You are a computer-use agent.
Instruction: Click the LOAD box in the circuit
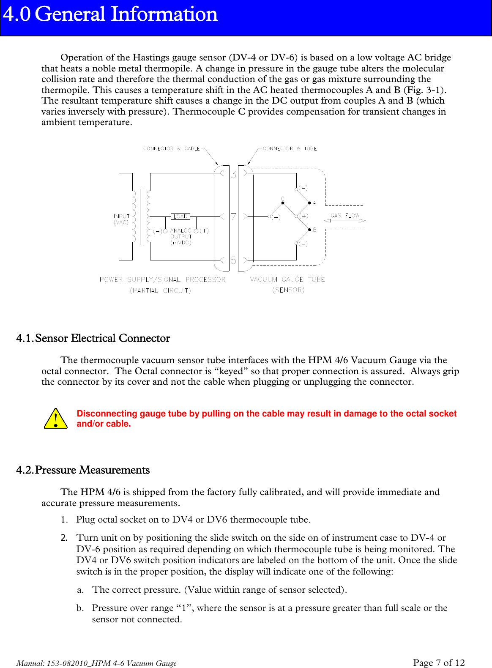point(180,216)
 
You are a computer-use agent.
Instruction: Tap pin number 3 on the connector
point(233,174)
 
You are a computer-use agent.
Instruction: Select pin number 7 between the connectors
point(233,216)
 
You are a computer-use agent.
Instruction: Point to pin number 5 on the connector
point(233,260)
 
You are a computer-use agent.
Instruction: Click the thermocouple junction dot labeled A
point(309,203)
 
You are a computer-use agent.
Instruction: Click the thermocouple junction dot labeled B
point(309,230)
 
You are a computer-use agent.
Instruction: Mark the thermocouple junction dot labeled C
point(283,203)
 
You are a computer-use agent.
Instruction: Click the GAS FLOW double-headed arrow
point(344,221)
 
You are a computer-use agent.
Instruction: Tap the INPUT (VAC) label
point(121,219)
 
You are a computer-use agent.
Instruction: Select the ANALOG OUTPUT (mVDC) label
point(181,237)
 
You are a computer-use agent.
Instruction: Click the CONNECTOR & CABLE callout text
point(171,148)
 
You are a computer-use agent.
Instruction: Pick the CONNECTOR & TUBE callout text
point(290,148)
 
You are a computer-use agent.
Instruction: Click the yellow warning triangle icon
point(55,419)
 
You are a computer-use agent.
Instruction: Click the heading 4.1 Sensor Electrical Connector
point(93,338)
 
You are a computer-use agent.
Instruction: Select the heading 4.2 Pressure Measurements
point(83,470)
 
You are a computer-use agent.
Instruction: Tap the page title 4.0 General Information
point(110,14)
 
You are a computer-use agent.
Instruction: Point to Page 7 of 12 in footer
point(439,663)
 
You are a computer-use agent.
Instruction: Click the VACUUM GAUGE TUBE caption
point(287,279)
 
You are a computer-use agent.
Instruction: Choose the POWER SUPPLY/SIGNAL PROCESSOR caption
point(162,279)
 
